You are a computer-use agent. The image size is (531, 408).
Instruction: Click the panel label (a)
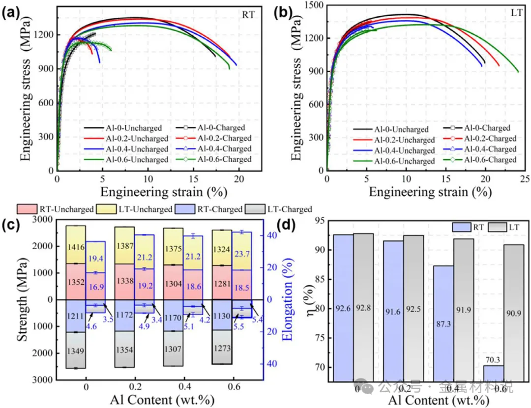[x=11, y=13]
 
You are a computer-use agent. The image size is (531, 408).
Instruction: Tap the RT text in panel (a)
[x=248, y=15]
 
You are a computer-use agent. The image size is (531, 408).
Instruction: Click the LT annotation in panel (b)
[x=516, y=14]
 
